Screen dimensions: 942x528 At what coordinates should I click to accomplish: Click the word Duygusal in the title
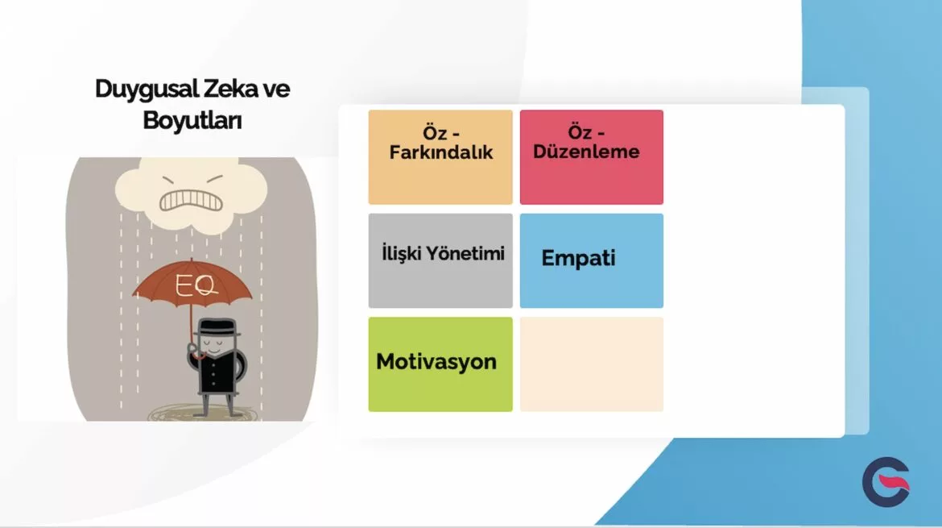147,89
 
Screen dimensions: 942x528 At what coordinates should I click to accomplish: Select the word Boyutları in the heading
192,119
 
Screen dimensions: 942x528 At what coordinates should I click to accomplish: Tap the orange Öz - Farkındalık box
440,157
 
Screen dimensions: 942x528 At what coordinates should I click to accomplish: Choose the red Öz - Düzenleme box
592,157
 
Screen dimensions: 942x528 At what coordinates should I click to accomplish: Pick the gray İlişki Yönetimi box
440,261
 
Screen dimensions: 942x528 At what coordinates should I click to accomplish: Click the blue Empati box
592,261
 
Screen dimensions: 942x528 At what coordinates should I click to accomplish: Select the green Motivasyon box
440,364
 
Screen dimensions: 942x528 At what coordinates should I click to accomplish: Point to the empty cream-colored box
592,364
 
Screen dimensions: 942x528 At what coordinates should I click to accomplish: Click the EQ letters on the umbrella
196,285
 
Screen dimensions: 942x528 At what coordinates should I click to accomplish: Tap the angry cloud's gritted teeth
191,201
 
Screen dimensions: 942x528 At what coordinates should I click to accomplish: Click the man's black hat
217,328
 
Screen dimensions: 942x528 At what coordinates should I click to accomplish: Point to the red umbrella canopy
192,283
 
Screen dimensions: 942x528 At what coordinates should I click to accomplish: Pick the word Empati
579,259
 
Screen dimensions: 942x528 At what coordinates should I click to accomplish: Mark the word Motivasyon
436,361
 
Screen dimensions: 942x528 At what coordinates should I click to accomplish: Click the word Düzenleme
586,152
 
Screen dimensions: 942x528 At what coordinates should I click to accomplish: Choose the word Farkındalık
441,152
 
